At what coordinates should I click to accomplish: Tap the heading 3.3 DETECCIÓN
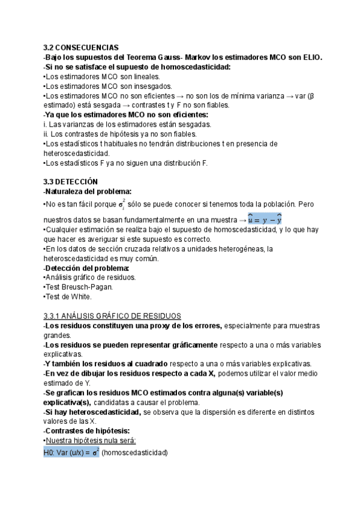(71, 182)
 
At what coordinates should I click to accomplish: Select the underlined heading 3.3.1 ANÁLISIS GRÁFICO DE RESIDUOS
(112, 316)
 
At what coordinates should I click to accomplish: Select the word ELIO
(311, 57)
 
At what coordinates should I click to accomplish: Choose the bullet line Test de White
(68, 297)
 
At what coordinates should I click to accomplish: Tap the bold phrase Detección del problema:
(86, 268)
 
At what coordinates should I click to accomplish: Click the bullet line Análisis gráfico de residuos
(91, 277)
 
